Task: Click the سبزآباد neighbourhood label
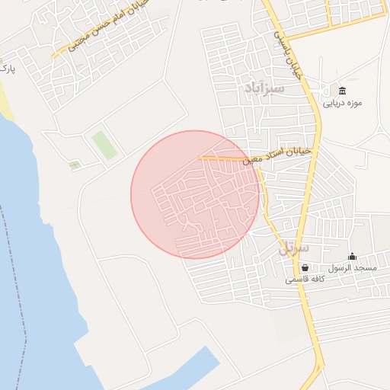(x=265, y=88)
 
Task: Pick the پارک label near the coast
(x=7, y=69)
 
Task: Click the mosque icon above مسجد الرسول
(x=352, y=257)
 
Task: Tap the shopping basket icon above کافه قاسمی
(x=305, y=268)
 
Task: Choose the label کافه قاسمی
(x=305, y=280)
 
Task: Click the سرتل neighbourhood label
(x=294, y=248)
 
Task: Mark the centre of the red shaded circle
(x=195, y=195)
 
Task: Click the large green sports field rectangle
(x=104, y=145)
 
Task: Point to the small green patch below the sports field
(x=75, y=165)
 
